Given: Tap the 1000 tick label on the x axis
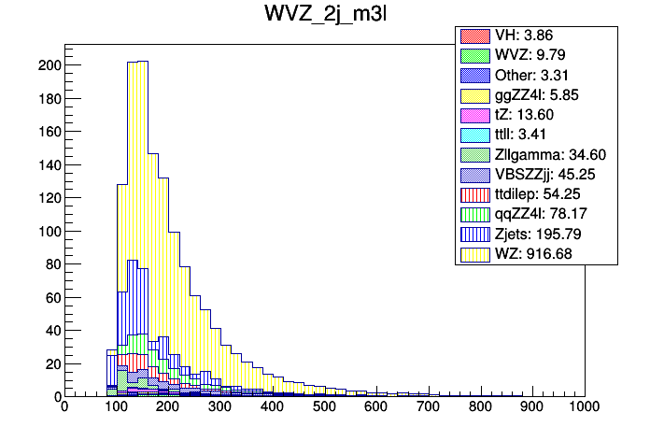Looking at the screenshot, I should coord(585,407).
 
